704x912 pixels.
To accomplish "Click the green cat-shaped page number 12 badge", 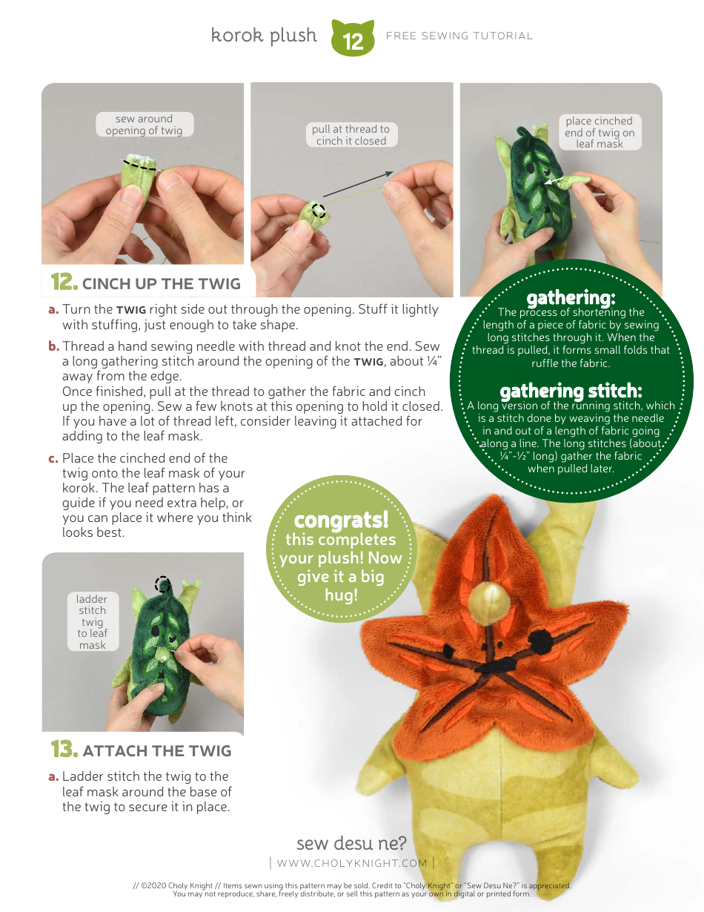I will [353, 39].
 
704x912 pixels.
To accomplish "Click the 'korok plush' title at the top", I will [264, 36].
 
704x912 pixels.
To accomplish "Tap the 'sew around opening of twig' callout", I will [144, 125].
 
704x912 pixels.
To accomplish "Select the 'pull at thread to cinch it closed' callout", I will [351, 134].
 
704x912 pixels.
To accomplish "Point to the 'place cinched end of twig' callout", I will [599, 132].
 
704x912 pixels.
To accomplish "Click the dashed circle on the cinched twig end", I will [319, 211].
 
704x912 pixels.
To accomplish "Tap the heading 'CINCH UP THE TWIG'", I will [161, 283].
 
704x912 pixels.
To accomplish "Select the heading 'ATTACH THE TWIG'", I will [157, 751].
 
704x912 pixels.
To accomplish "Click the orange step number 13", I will [64, 750].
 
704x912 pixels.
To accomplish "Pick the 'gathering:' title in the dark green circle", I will [571, 298].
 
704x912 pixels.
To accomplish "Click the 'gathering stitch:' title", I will [571, 391].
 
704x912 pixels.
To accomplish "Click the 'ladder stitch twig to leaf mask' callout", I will [93, 621].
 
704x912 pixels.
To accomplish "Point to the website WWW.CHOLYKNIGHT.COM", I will [352, 862].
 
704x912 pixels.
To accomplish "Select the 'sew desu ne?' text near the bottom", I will [351, 843].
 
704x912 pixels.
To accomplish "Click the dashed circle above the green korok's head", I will [162, 584].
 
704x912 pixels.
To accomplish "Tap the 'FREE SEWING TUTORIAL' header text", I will [459, 36].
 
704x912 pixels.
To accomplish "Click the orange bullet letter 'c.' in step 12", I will [53, 458].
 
